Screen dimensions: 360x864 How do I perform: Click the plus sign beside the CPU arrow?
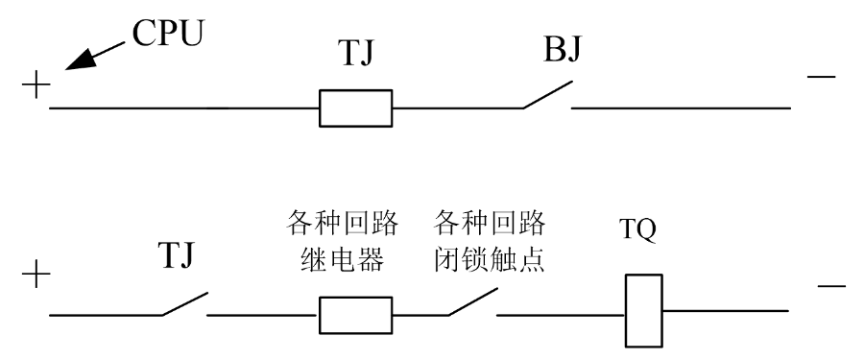36,87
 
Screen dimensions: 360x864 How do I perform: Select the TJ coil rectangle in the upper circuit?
355,108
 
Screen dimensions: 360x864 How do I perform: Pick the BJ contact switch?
547,97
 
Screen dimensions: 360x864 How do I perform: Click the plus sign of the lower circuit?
36,276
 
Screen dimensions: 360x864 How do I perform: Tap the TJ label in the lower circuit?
181,258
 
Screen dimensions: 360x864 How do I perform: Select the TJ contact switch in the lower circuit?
184,302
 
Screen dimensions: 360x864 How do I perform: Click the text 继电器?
342,259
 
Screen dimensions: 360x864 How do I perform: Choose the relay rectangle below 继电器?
355,314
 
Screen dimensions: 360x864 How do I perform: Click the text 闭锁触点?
489,259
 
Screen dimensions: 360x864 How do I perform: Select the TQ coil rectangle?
643,311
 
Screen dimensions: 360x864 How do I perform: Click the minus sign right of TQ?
830,286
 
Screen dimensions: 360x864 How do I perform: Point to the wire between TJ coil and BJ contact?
457,108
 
